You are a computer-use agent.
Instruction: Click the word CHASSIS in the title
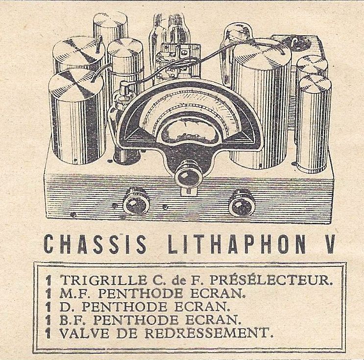(95, 244)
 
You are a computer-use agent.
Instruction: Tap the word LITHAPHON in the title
(237, 244)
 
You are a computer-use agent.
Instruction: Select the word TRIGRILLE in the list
(103, 280)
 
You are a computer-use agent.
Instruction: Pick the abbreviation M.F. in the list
(76, 294)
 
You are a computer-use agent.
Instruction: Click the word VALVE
(84, 334)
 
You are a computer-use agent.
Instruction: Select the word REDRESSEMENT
(209, 334)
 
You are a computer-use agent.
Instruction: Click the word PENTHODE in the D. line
(124, 307)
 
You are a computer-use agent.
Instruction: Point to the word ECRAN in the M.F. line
(219, 294)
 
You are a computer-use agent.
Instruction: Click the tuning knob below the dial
(188, 175)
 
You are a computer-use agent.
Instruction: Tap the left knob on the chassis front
(136, 202)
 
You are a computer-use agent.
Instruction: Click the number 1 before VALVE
(49, 334)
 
